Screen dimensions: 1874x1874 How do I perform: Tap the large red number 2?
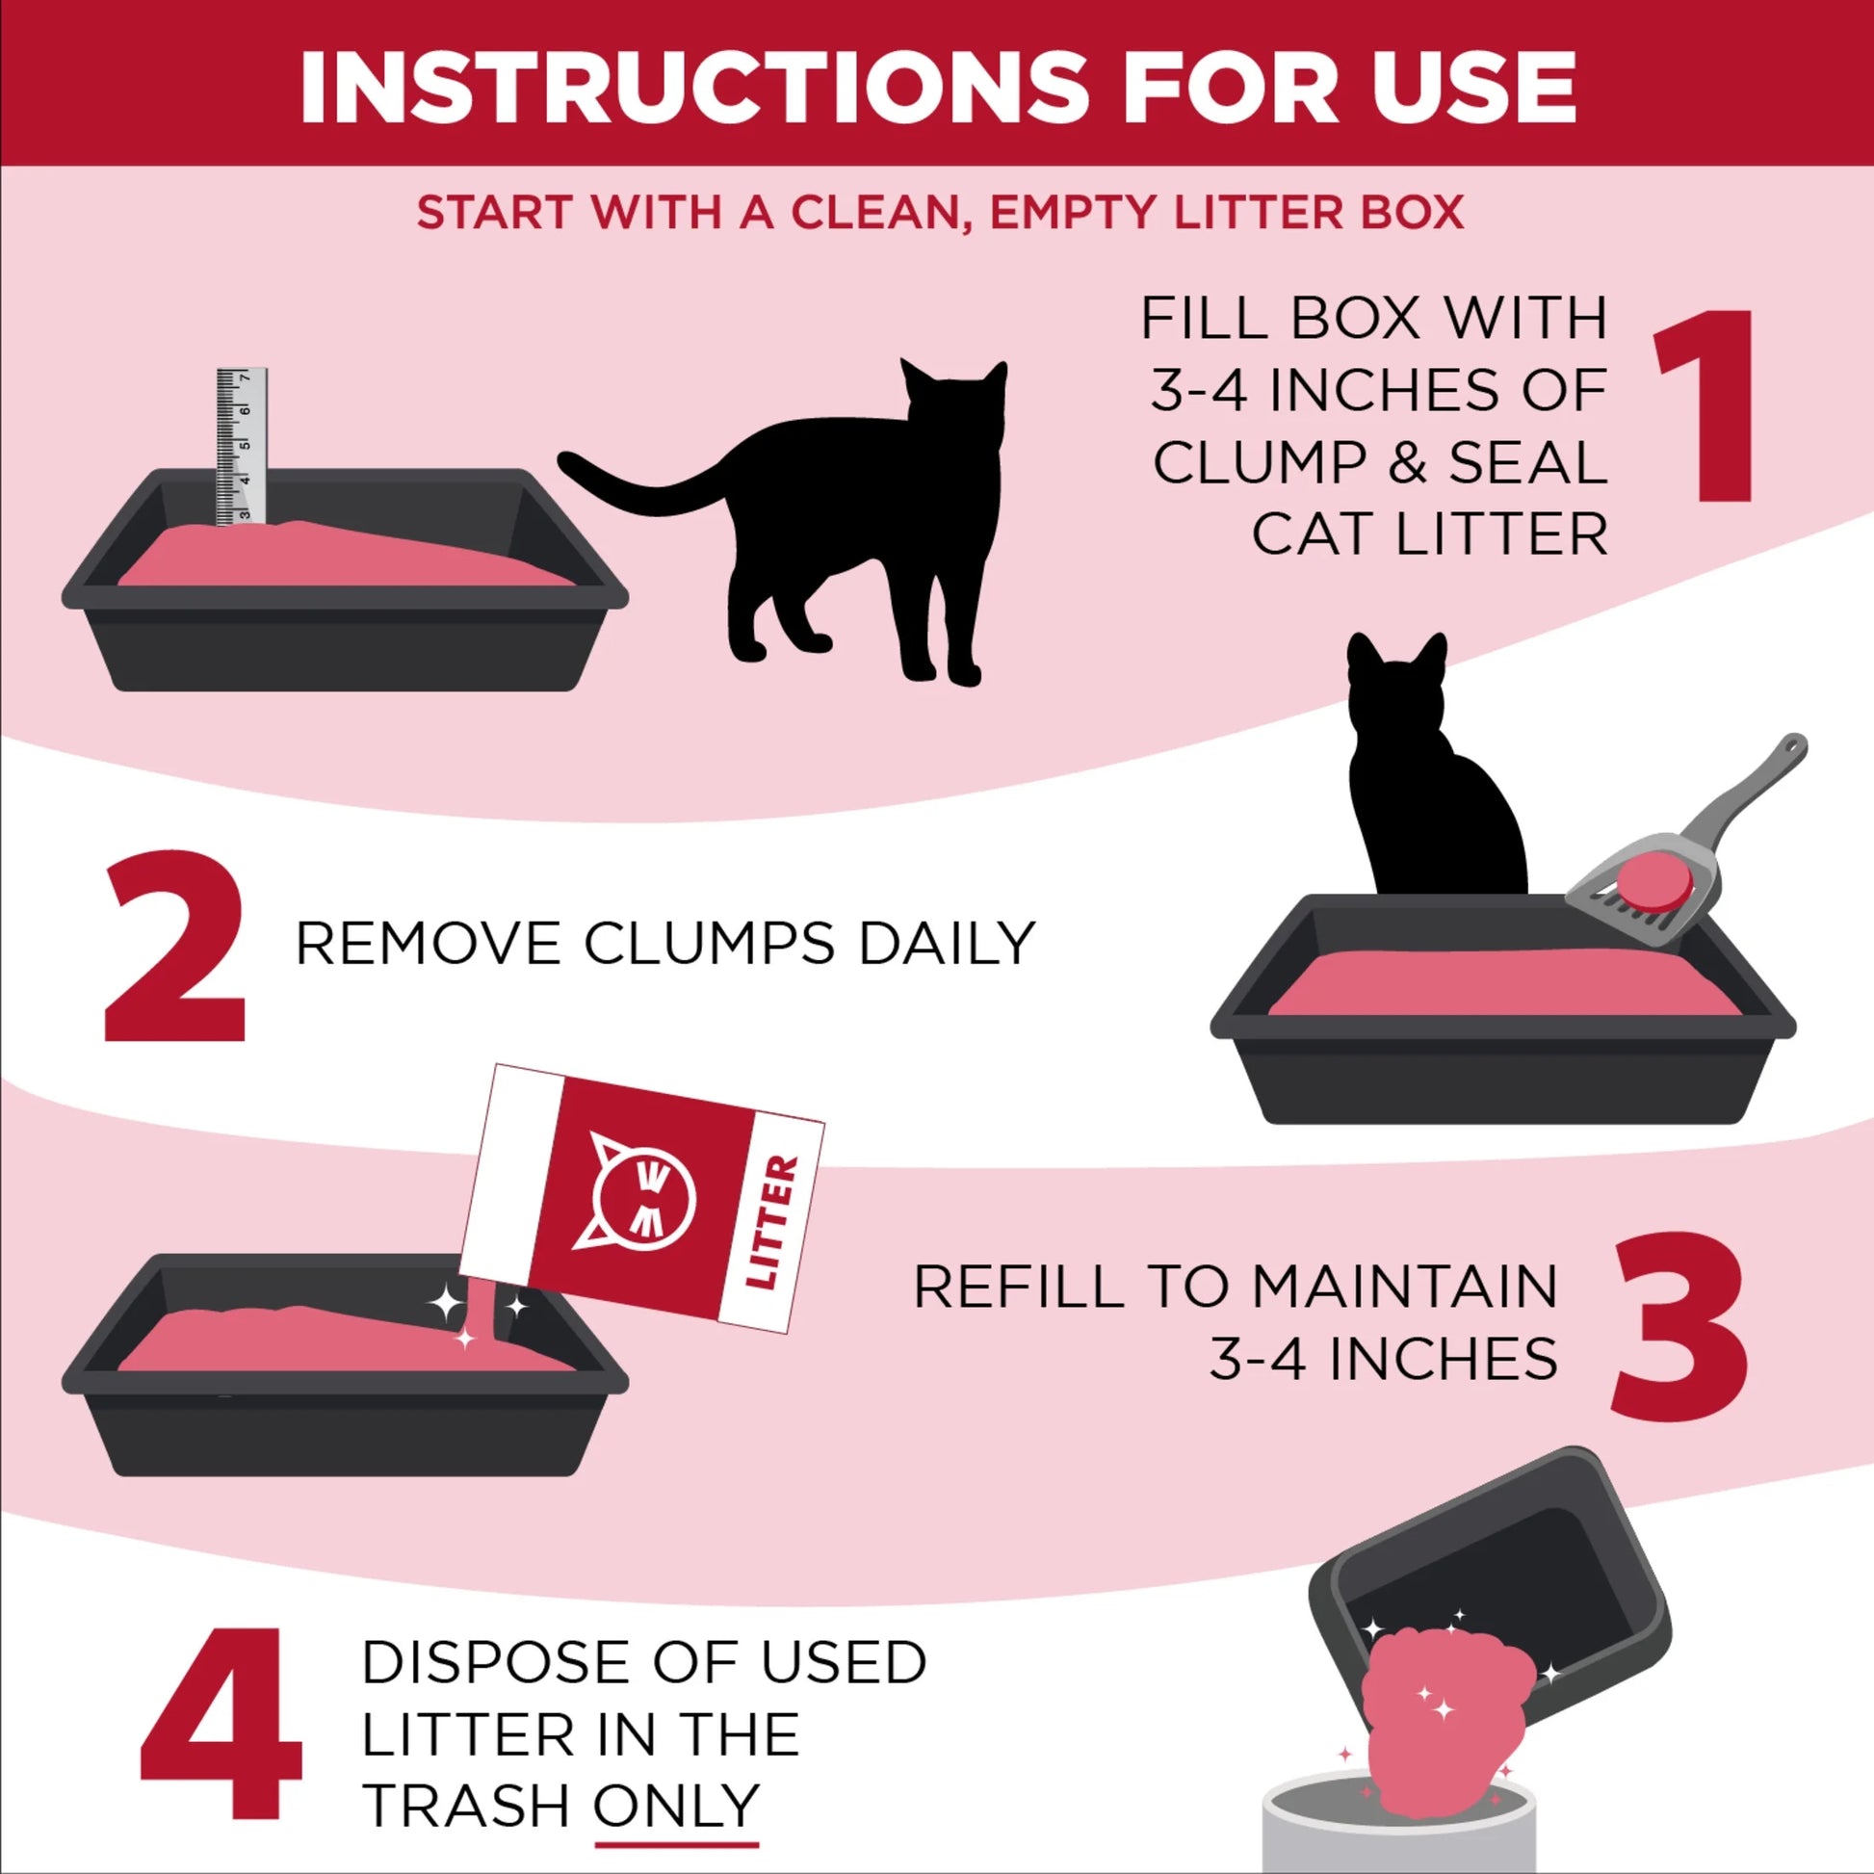pos(175,950)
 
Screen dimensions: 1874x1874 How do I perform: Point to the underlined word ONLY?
pos(676,1805)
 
